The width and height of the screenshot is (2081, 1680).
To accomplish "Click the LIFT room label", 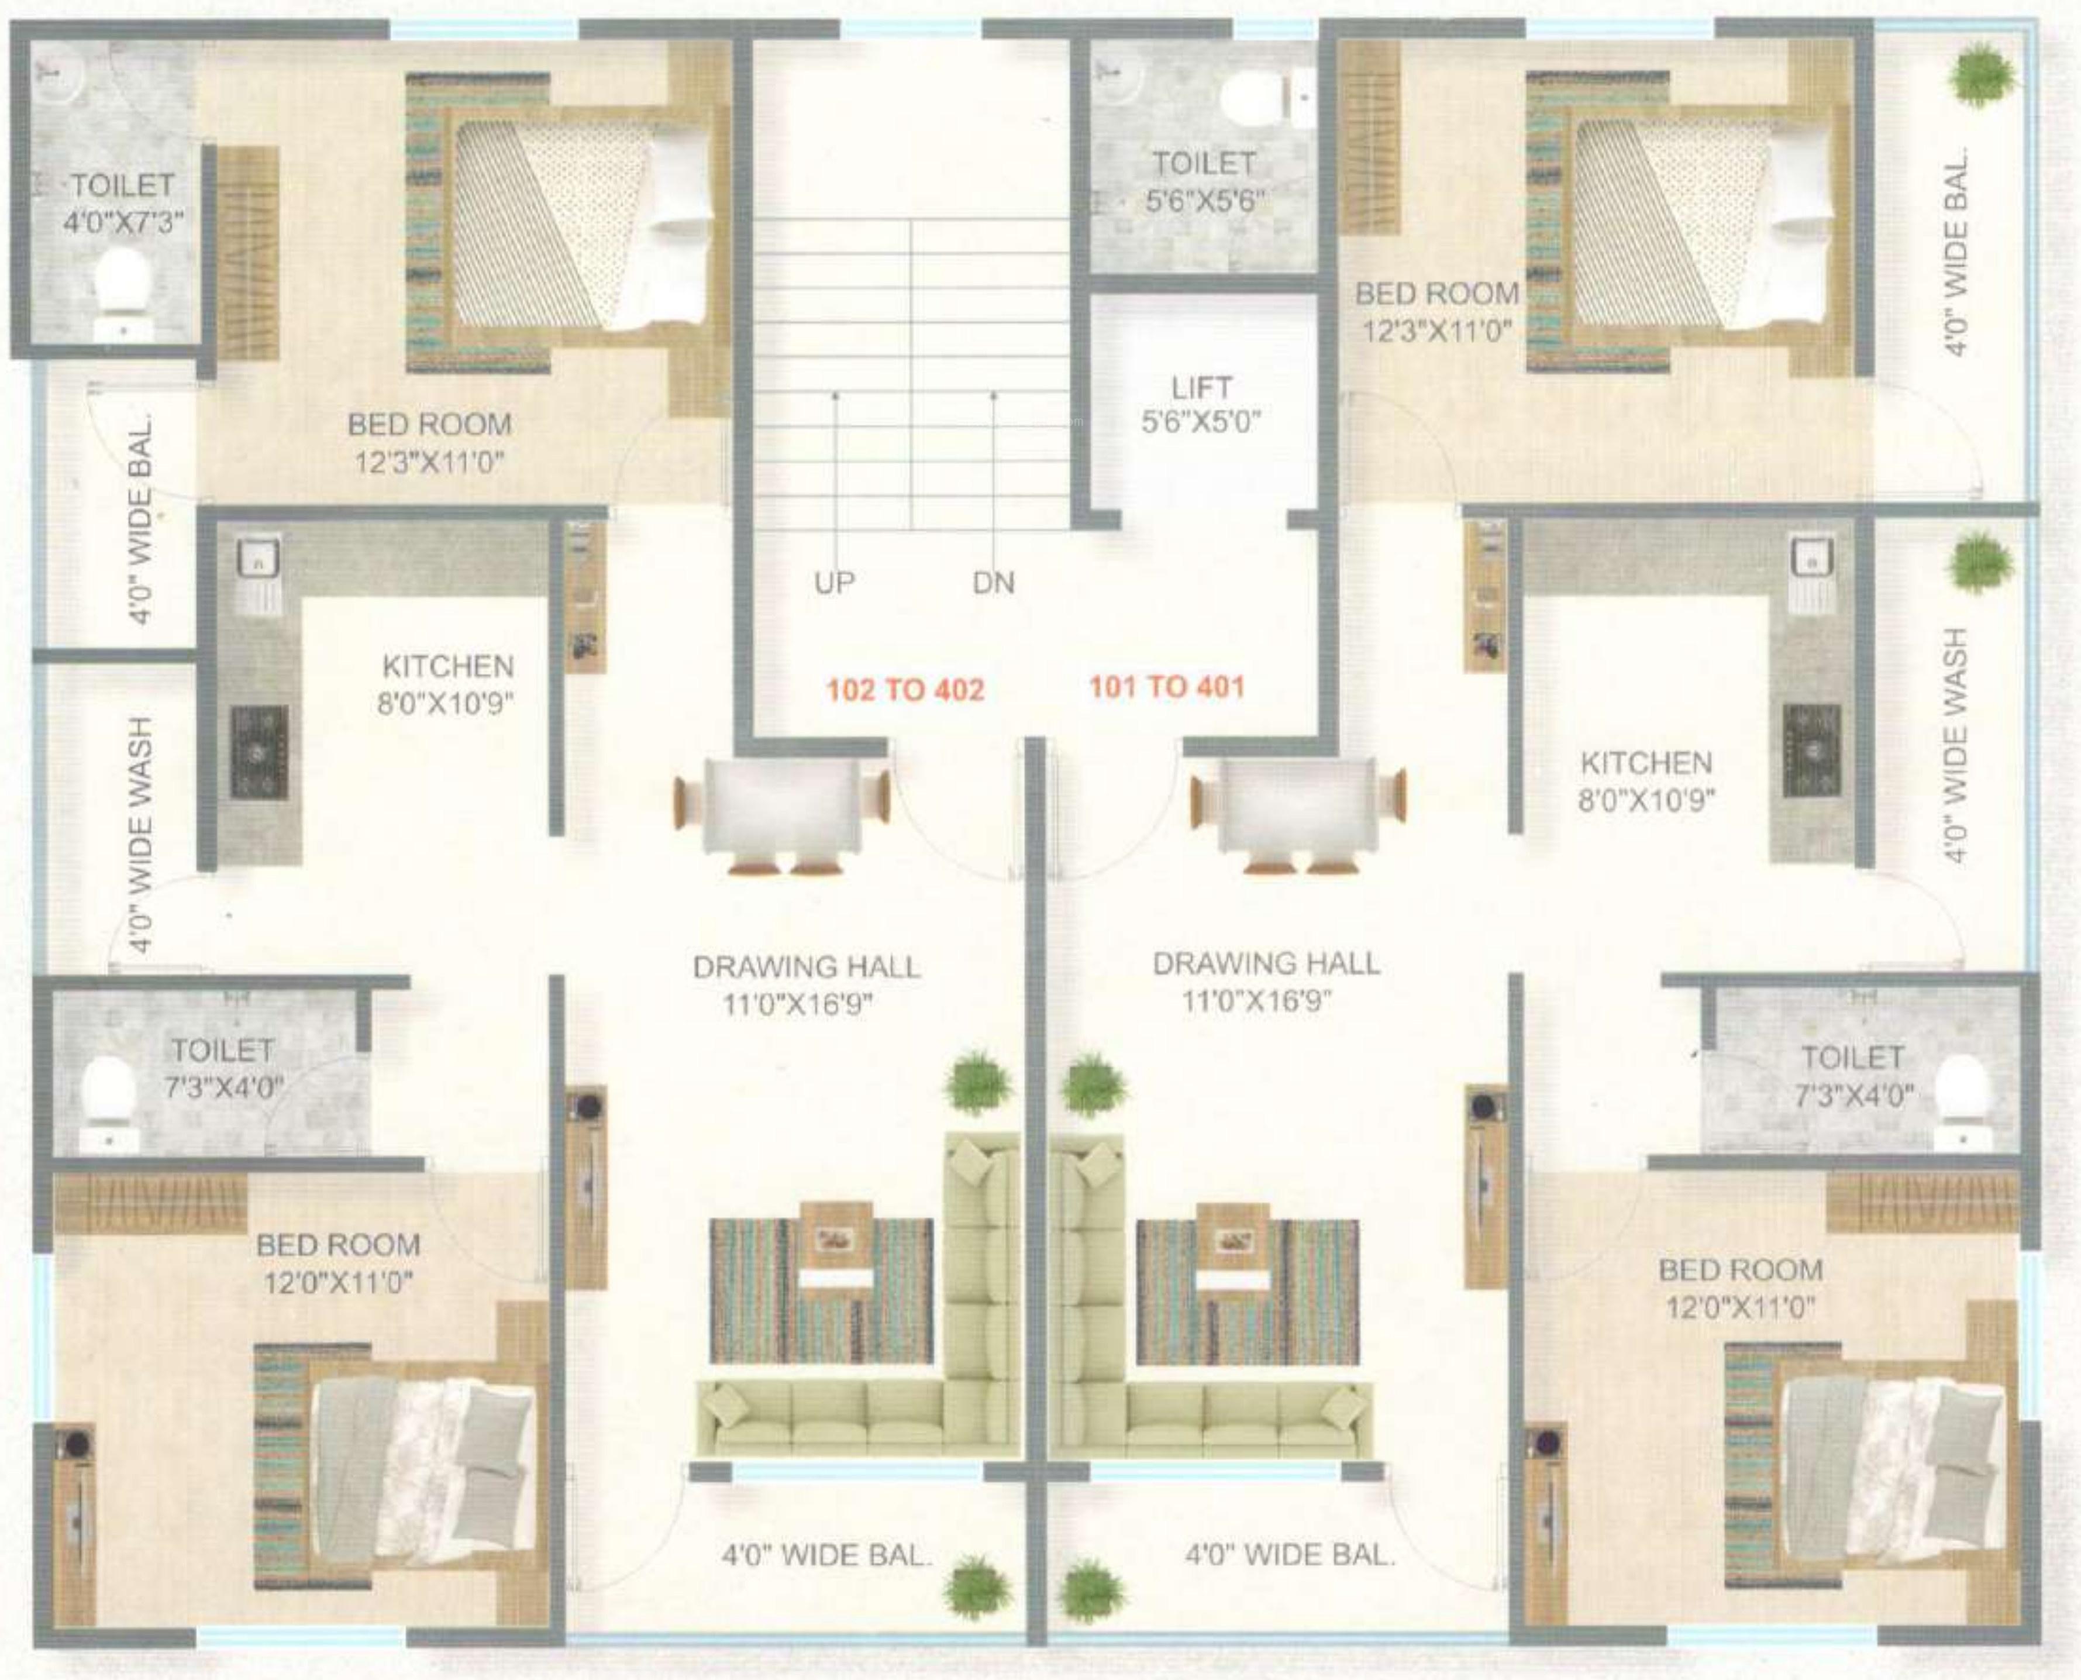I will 1201,388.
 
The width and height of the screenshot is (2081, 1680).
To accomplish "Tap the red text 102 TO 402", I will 905,690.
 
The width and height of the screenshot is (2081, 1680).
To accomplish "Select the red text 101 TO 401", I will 1167,687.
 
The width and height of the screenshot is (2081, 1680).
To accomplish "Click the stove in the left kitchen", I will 259,752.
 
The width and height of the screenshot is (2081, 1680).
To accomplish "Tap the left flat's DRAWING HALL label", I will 806,967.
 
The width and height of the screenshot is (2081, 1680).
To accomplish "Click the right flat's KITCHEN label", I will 1646,763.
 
